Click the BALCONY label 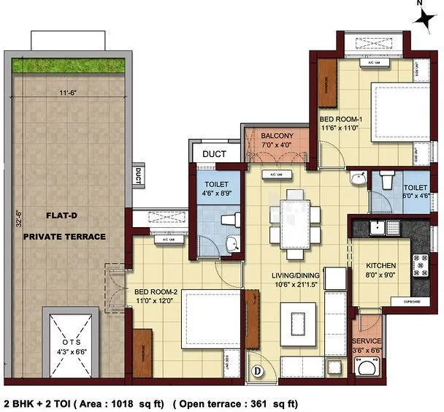[276, 136]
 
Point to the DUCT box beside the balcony [214, 153]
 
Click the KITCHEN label [381, 265]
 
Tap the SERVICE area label [367, 341]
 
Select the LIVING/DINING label [293, 275]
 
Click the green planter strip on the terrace [71, 65]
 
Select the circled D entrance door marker [257, 371]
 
